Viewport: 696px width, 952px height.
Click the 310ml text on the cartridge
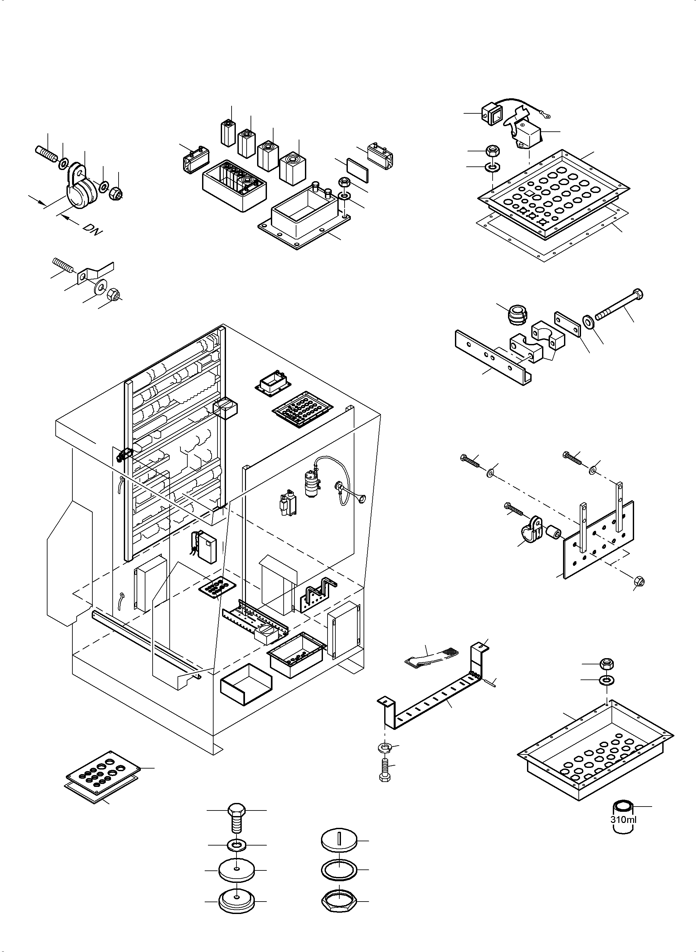(x=623, y=820)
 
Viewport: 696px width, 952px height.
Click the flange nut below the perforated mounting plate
(x=639, y=581)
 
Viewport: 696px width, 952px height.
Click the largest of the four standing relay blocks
(x=293, y=168)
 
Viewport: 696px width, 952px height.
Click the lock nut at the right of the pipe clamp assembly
(x=115, y=194)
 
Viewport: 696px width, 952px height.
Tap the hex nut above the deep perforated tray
(x=606, y=664)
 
